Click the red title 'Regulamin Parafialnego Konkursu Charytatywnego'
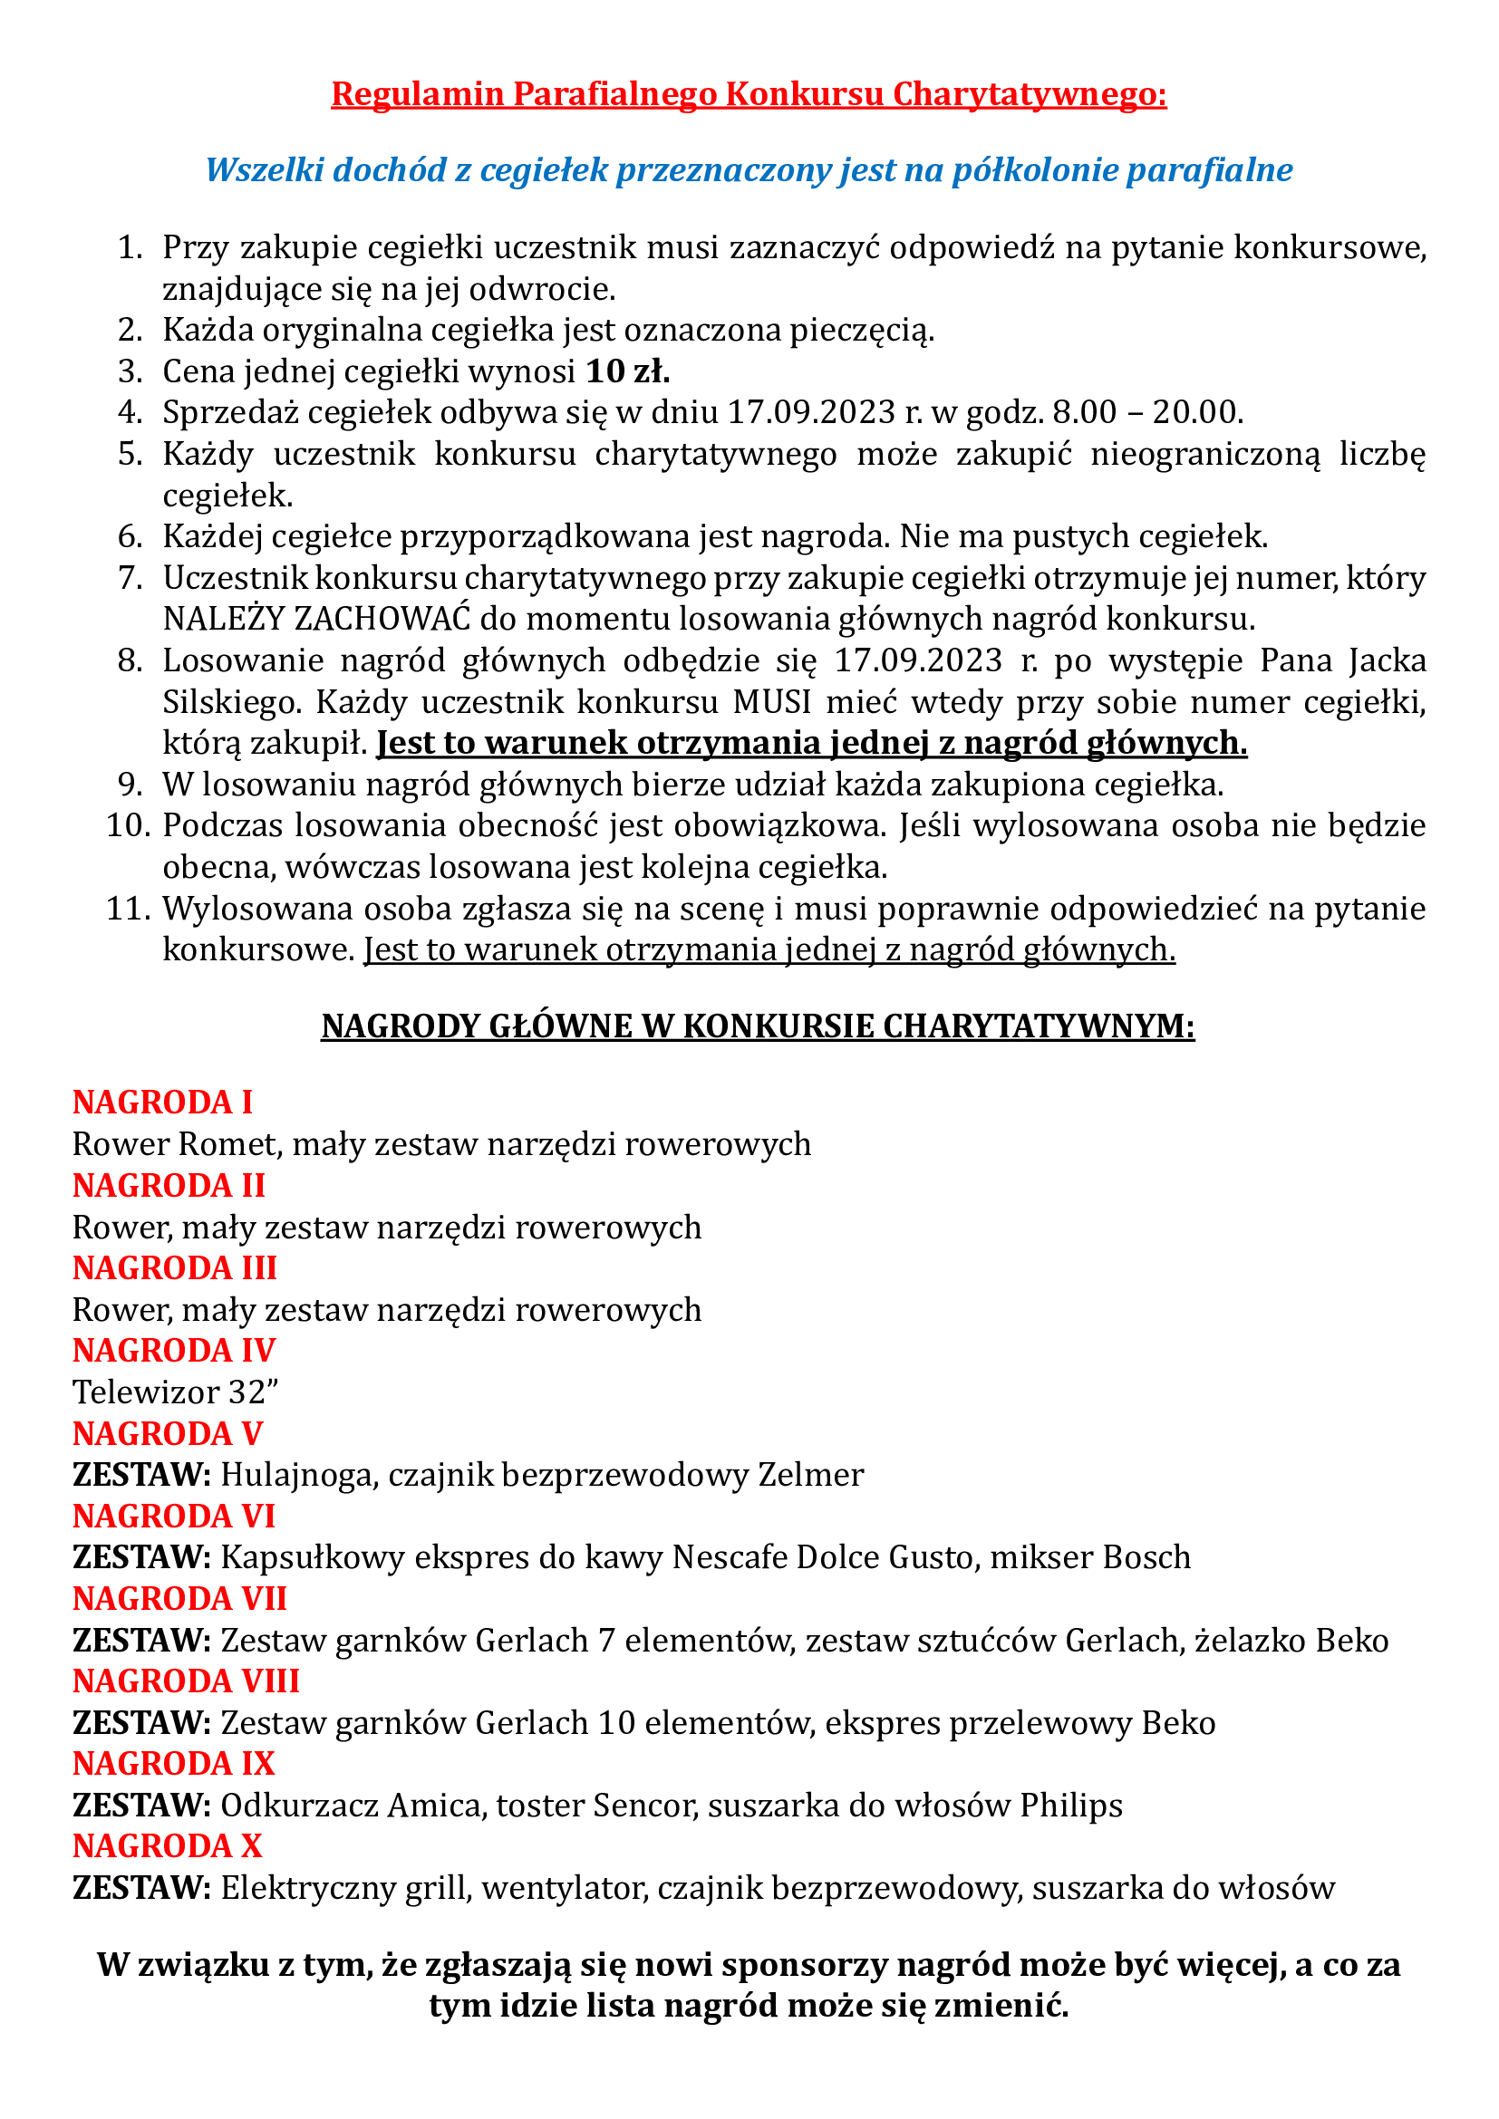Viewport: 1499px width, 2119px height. coord(748,94)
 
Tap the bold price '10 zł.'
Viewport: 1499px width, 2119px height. coord(628,371)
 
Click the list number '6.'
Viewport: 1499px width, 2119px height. coord(131,536)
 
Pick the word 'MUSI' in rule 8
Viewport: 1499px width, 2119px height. coord(771,702)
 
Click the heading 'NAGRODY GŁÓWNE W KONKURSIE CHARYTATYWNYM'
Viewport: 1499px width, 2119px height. coord(757,1026)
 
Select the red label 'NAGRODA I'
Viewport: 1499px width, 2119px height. coord(162,1102)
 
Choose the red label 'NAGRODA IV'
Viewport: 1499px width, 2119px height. coord(173,1350)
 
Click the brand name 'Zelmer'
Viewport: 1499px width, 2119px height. coord(810,1475)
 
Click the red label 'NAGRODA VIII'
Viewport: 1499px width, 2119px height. coord(186,1681)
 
